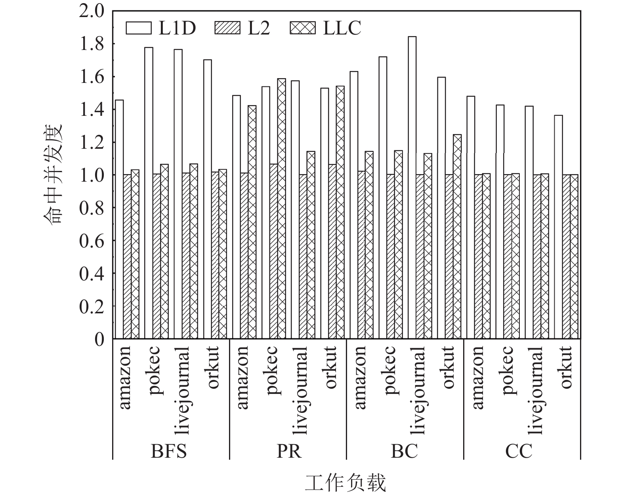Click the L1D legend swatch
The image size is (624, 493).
(138, 28)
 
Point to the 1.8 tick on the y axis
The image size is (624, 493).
(92, 44)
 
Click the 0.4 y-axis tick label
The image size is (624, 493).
(92, 274)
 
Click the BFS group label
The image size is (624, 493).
(169, 451)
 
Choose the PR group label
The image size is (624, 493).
(289, 451)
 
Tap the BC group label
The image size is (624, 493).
(404, 451)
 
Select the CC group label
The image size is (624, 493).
(519, 451)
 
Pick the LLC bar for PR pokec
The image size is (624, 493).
(282, 209)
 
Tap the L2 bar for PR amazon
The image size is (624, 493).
(244, 256)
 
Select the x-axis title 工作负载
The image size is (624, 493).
(345, 483)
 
